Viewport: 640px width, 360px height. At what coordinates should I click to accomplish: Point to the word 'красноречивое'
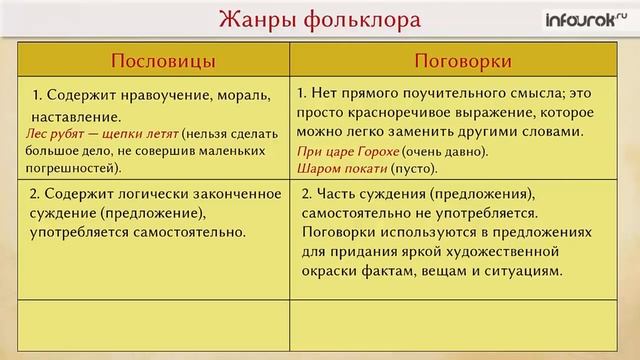point(391,112)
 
